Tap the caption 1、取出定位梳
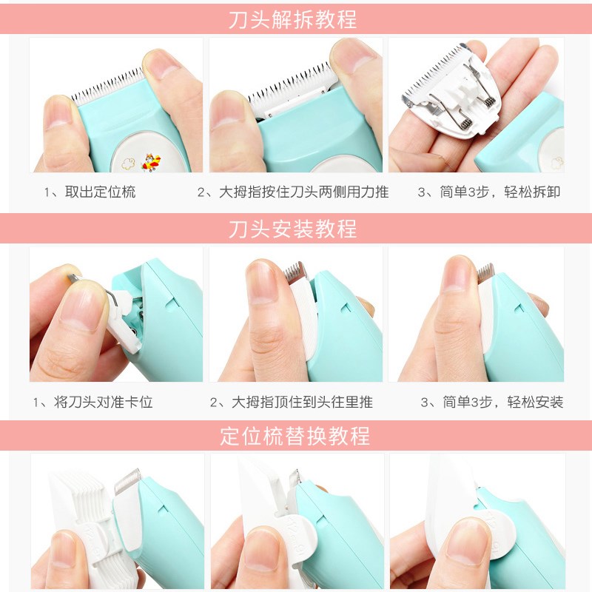(x=90, y=192)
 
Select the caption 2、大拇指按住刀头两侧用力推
(x=293, y=192)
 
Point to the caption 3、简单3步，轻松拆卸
(x=489, y=192)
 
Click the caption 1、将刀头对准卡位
(x=93, y=403)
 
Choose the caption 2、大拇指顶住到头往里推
(x=292, y=403)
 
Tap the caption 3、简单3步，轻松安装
(x=492, y=403)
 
